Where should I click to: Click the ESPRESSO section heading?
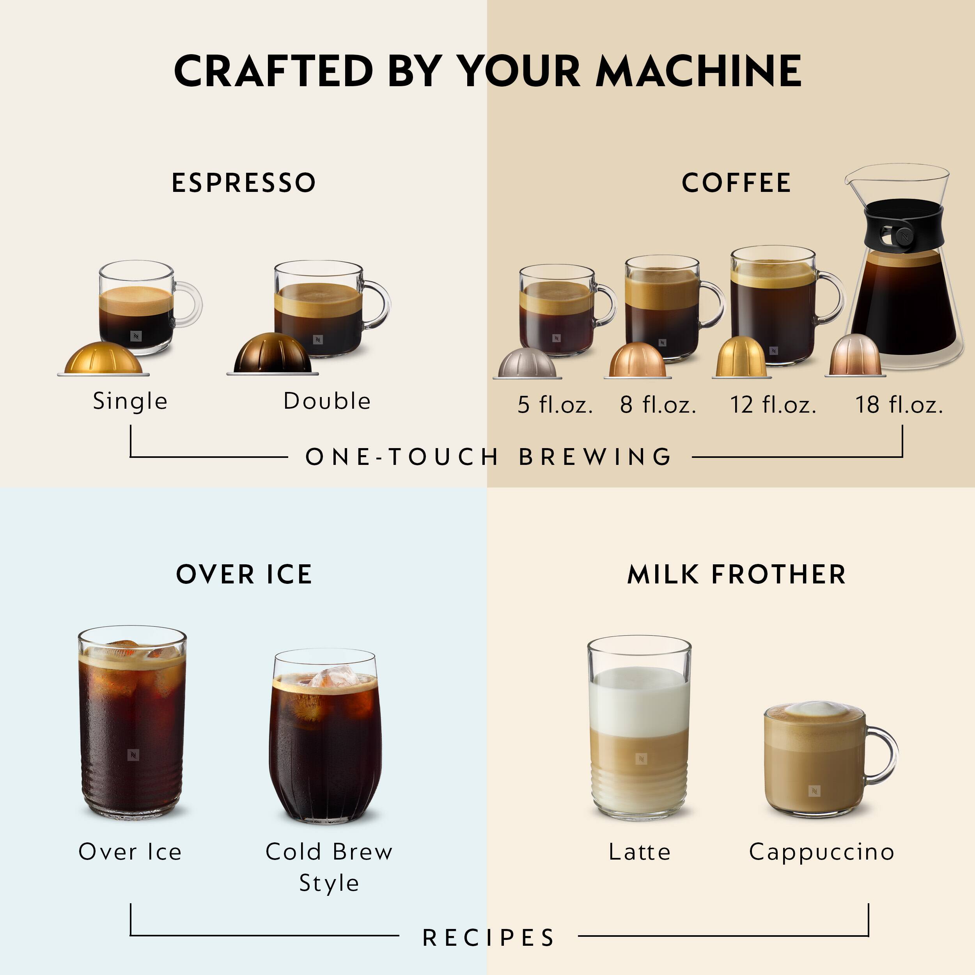coord(244,183)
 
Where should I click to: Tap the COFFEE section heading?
coord(736,183)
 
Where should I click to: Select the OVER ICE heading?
coord(244,574)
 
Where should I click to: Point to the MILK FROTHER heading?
coord(736,574)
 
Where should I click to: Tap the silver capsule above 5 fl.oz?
coord(527,363)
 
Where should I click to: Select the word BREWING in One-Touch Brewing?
coord(596,457)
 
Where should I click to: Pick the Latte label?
coord(639,852)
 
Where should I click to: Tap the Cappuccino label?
coord(822,852)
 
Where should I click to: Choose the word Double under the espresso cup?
coord(327,401)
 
